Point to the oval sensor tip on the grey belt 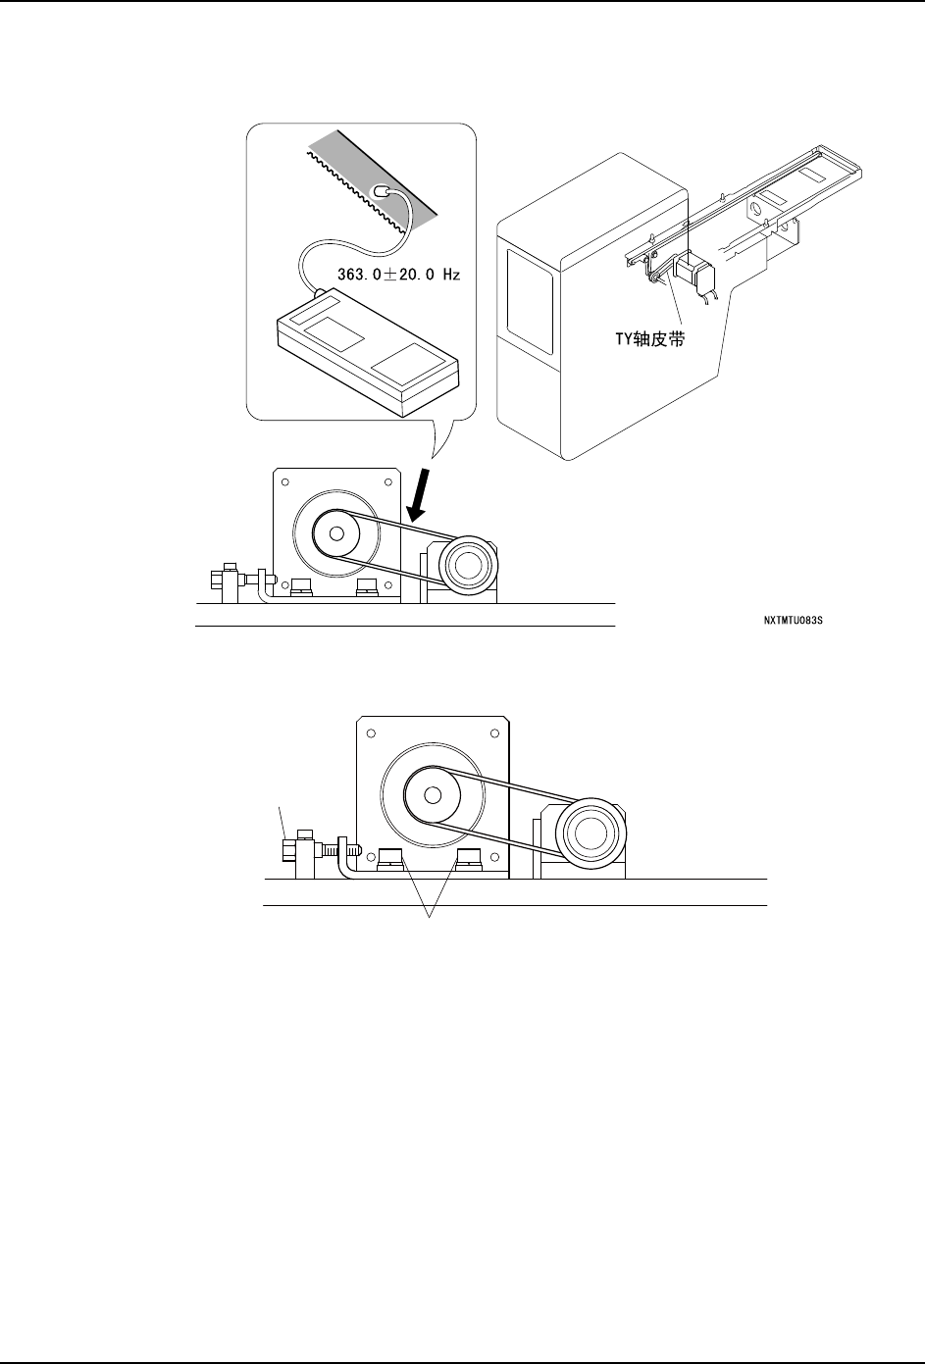point(382,192)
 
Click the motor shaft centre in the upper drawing point(336,533)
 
